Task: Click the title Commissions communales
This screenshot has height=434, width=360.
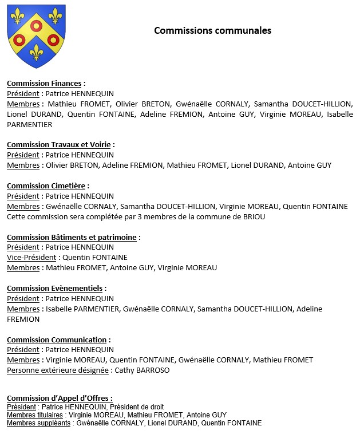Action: click(x=212, y=30)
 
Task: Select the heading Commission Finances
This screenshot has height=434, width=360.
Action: click(x=44, y=84)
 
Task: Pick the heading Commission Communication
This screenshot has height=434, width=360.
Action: click(x=57, y=340)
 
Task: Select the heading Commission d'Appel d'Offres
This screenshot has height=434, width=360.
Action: click(x=59, y=398)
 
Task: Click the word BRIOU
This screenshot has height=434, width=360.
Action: click(x=254, y=216)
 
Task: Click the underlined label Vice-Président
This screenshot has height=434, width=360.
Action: click(x=31, y=258)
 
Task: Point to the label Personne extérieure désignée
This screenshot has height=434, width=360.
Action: click(x=57, y=370)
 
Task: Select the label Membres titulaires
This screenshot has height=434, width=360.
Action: click(x=35, y=415)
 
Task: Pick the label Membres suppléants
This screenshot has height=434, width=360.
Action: click(x=39, y=423)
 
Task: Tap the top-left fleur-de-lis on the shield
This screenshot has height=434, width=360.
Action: click(x=18, y=17)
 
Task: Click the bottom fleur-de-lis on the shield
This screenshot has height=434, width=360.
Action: click(x=36, y=53)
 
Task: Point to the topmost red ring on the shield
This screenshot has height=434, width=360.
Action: click(x=36, y=25)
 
